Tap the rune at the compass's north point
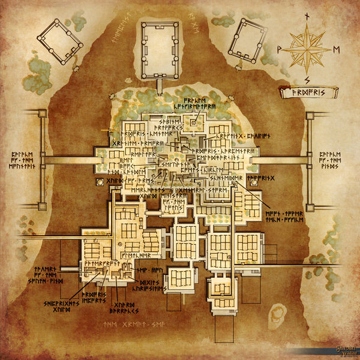click(307, 16)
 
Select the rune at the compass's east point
click(336, 49)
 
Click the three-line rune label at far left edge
click(23, 161)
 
